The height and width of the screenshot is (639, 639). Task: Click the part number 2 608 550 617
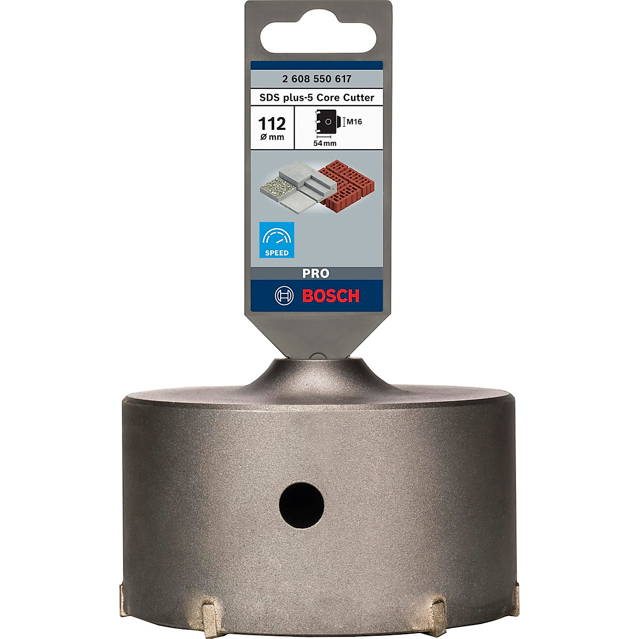point(317,79)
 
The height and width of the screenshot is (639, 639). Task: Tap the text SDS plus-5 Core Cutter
point(317,97)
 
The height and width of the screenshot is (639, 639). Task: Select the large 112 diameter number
point(272,124)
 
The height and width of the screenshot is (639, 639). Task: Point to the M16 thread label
point(354,122)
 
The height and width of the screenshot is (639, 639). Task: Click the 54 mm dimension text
point(325,143)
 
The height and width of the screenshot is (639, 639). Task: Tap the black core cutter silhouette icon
point(326,122)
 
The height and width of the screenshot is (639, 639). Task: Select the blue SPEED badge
point(276,240)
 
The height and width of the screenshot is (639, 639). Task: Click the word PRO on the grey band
point(316,273)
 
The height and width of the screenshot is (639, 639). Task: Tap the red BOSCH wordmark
point(331,296)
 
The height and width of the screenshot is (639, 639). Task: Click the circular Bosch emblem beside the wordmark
point(284,296)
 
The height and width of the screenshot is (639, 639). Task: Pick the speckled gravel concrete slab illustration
point(277,188)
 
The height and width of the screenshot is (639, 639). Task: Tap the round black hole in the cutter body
point(301,505)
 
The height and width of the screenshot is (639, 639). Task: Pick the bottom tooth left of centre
point(209,612)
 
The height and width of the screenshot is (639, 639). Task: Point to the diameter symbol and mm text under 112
point(272,137)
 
